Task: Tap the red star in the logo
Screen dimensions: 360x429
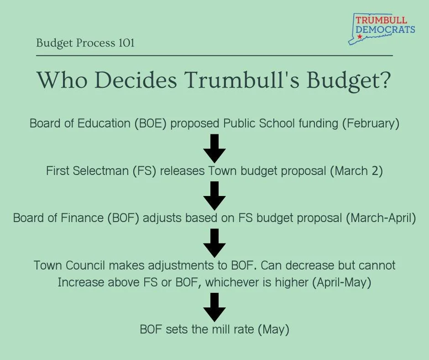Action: point(360,36)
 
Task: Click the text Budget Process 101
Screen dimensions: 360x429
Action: point(85,43)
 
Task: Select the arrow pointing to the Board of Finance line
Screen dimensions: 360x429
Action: point(214,196)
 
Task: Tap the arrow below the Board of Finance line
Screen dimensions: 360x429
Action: point(214,243)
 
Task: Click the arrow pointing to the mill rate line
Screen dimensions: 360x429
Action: point(214,307)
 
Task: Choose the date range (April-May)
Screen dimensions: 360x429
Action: point(341,282)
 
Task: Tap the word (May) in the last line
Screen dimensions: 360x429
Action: point(274,329)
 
